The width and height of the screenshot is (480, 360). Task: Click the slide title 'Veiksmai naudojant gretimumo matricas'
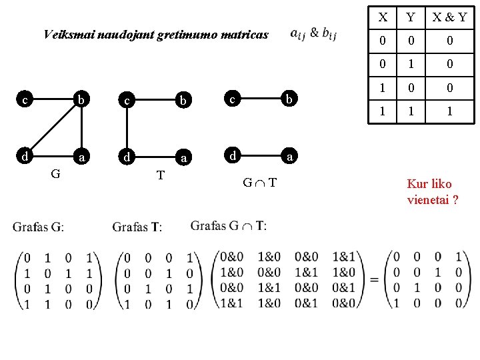tap(155, 35)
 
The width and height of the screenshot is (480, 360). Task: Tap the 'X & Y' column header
tap(449, 17)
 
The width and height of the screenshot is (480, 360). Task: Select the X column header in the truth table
tap(382, 17)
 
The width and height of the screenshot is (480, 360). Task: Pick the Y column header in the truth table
tap(411, 17)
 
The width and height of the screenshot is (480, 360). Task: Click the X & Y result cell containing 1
tap(449, 112)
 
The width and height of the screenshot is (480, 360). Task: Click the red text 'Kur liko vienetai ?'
tap(432, 191)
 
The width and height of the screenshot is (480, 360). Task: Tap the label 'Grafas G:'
tap(38, 227)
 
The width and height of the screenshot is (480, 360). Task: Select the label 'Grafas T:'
tap(137, 227)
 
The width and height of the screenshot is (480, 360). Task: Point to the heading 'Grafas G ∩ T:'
tap(229, 226)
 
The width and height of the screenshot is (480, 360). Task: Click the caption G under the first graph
tap(57, 174)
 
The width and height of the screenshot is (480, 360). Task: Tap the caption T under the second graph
tap(160, 175)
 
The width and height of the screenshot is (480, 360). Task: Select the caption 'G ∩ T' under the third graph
tap(259, 182)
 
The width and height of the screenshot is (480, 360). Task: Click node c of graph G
tap(24, 101)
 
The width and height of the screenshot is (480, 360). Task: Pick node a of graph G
tap(81, 158)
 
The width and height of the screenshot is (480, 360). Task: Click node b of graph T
tap(182, 101)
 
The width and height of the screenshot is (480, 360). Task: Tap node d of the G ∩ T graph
tap(232, 157)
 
